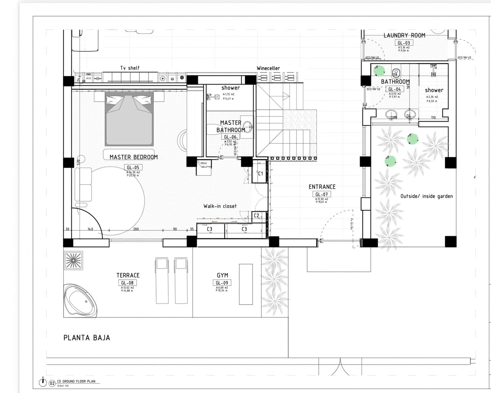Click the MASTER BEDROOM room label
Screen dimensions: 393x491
click(x=134, y=157)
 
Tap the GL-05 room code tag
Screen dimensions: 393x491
click(x=133, y=168)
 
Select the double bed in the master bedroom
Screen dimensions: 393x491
click(x=129, y=119)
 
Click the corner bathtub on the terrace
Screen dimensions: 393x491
click(x=80, y=301)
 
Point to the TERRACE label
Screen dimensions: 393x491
click(x=128, y=275)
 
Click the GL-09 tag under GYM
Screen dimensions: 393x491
click(x=222, y=283)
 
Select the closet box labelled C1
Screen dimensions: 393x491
click(x=260, y=174)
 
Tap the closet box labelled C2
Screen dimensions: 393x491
click(x=257, y=215)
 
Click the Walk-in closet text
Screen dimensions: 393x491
click(x=220, y=206)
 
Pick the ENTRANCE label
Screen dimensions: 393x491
click(x=322, y=187)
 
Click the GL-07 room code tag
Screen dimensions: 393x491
click(x=321, y=195)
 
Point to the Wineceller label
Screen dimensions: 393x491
click(x=268, y=68)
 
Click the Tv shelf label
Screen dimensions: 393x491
click(x=130, y=68)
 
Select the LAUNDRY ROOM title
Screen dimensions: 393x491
click(x=404, y=35)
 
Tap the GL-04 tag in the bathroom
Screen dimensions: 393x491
click(x=394, y=89)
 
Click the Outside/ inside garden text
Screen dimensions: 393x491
click(x=427, y=196)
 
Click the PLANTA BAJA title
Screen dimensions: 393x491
click(x=87, y=338)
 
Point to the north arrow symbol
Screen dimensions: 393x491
click(x=43, y=382)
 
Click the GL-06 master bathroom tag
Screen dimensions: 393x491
click(x=230, y=137)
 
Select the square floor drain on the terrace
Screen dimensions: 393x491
click(x=73, y=260)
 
